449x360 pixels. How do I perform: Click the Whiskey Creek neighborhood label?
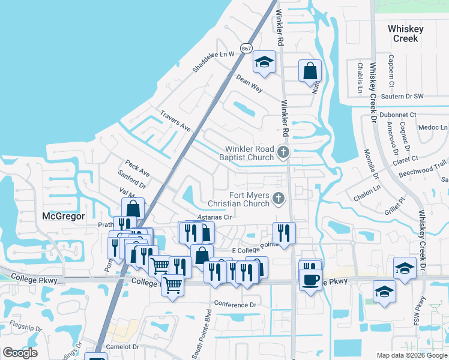405,34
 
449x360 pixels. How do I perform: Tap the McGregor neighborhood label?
64,215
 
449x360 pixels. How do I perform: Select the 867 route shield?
246,48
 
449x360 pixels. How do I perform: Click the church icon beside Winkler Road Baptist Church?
283,153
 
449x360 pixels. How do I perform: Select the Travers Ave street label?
175,121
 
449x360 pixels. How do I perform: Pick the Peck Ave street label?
137,168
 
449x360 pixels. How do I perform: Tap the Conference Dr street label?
235,305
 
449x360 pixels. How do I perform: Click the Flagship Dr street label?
22,328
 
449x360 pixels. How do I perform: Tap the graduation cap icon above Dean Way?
263,62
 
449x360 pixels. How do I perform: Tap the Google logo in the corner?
20,353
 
